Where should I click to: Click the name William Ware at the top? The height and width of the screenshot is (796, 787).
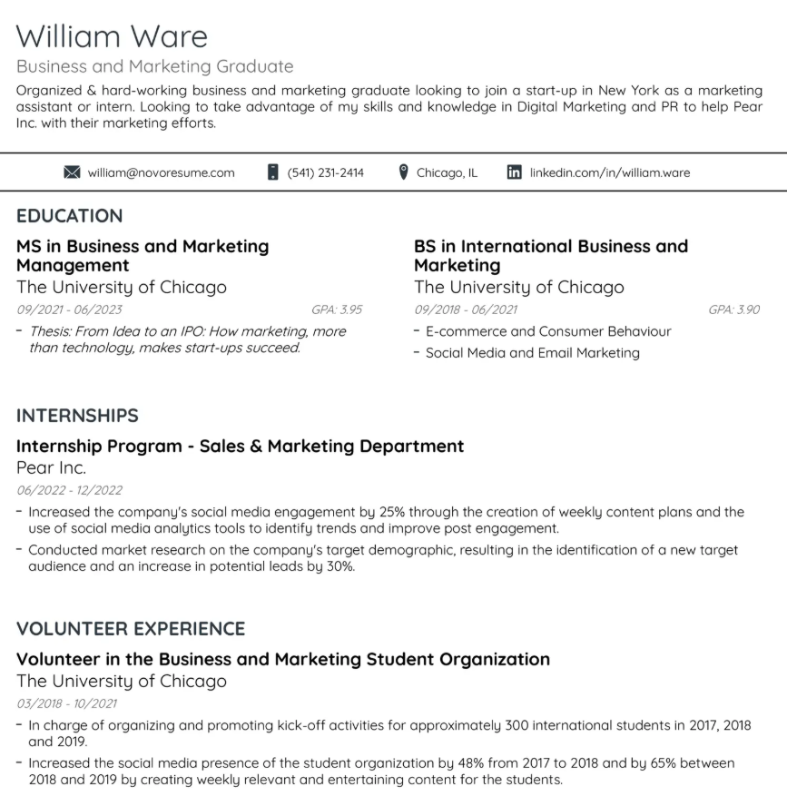[x=112, y=36]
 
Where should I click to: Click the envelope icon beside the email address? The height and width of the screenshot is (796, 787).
[x=73, y=172]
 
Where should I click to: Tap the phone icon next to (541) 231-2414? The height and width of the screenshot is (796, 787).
[x=272, y=172]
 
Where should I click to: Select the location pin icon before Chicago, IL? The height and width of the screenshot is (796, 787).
[x=404, y=172]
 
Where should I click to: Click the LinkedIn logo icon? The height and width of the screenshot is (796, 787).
[x=515, y=172]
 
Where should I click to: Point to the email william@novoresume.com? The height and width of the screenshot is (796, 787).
[x=161, y=172]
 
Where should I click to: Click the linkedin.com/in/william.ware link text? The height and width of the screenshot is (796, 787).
[x=610, y=172]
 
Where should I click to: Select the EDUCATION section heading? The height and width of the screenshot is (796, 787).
[x=69, y=216]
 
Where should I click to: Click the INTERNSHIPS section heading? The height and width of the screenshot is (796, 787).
[x=77, y=416]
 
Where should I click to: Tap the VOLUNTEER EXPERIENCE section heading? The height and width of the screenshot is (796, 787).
[x=131, y=629]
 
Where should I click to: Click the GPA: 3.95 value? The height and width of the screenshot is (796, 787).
[x=336, y=310]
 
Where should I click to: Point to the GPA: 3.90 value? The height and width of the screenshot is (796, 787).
[x=733, y=310]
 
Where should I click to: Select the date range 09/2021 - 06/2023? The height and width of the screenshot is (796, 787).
[x=69, y=310]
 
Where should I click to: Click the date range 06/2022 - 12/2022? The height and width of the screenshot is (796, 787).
[x=69, y=490]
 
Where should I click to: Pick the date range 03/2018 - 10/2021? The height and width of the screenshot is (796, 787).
[x=66, y=703]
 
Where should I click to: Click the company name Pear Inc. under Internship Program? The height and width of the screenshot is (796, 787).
[x=52, y=468]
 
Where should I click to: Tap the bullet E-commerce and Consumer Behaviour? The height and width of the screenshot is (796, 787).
[x=548, y=331]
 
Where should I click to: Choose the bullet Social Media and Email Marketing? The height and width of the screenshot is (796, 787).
[x=532, y=353]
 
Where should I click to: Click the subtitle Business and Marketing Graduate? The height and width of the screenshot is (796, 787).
[x=155, y=66]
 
